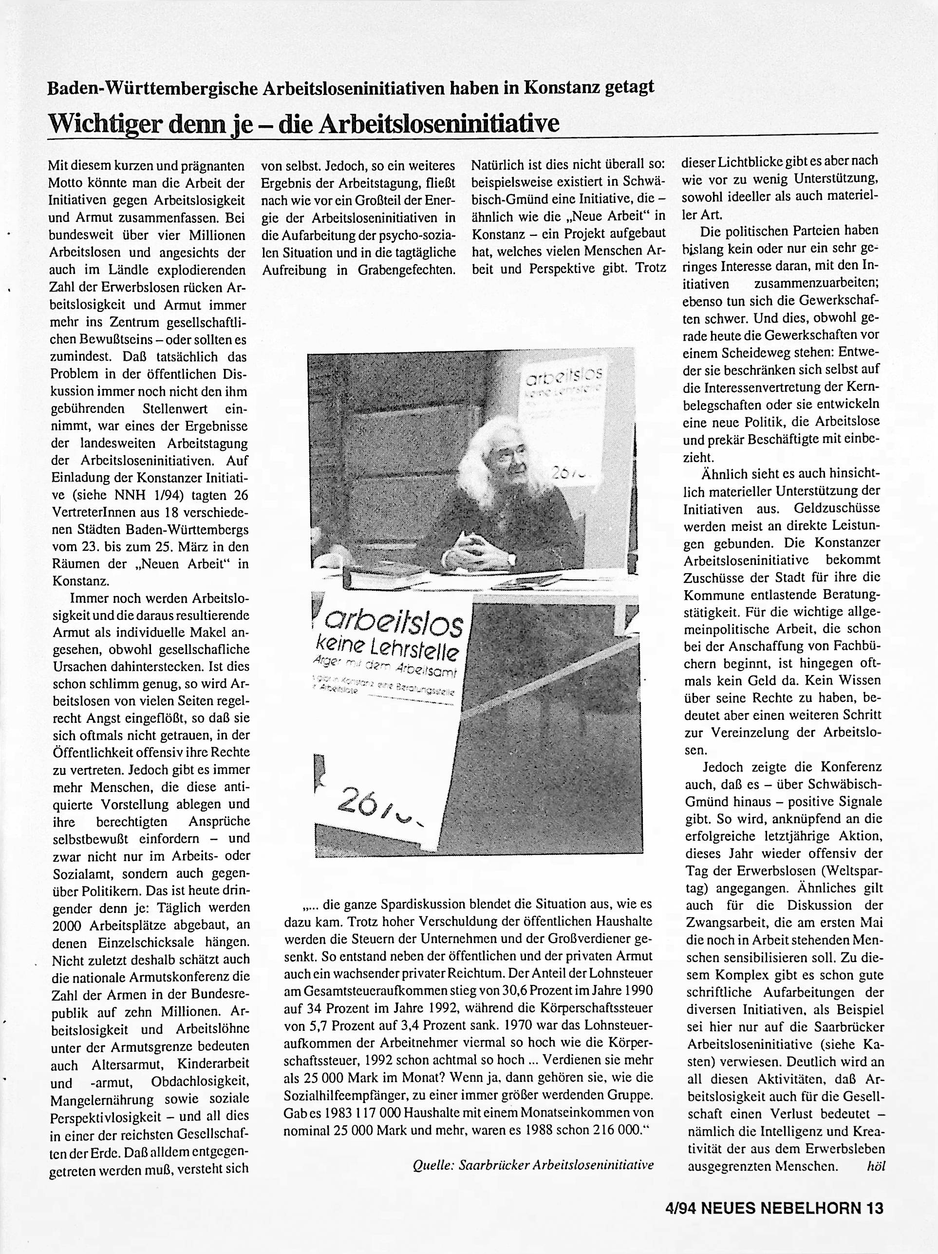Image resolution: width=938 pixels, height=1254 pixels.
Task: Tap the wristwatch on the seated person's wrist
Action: coord(511,559)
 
